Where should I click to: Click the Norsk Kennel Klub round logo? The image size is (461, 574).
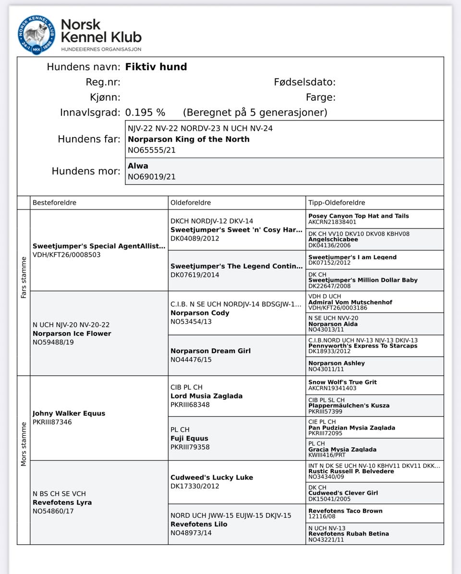click(x=36, y=35)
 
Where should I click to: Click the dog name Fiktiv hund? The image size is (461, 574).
click(x=156, y=67)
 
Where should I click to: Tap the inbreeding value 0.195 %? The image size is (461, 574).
click(x=145, y=112)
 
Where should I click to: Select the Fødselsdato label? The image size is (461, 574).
click(x=304, y=82)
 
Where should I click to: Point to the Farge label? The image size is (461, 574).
click(x=320, y=97)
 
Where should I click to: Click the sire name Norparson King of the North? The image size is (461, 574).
click(x=188, y=139)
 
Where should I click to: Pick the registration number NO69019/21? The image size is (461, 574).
click(x=151, y=177)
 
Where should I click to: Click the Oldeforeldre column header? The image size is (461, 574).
click(x=191, y=203)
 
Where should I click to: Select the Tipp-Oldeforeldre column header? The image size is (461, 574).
click(x=337, y=203)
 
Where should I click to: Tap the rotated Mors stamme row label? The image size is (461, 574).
click(x=24, y=443)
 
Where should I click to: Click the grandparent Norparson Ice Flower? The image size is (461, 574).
click(x=72, y=334)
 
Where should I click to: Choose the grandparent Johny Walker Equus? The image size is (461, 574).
click(x=69, y=413)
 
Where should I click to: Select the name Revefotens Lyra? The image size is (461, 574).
click(x=62, y=502)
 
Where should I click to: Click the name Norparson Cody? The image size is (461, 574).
click(x=200, y=313)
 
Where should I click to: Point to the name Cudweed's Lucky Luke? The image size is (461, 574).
click(x=212, y=478)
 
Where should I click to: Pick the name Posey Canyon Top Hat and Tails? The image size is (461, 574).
click(x=359, y=216)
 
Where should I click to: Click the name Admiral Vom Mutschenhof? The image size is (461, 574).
click(x=350, y=302)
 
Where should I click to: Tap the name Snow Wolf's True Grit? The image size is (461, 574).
click(x=342, y=382)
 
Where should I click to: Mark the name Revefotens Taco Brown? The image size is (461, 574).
click(x=345, y=511)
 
